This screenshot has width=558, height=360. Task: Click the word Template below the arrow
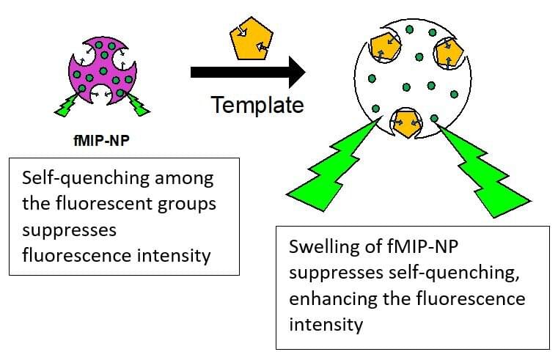pos(257,104)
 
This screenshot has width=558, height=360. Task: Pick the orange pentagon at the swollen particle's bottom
pos(405,122)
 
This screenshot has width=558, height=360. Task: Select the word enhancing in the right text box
pos(327,298)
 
